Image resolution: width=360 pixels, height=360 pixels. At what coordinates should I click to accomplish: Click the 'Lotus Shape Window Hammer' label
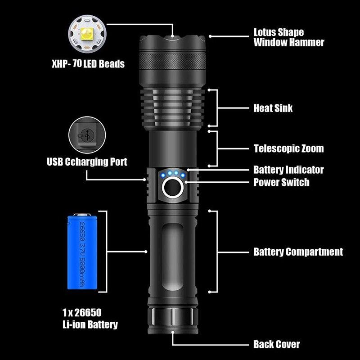288,37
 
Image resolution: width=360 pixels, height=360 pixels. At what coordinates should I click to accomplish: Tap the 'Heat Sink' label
273,108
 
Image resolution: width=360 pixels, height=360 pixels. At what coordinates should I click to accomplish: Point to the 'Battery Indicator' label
288,170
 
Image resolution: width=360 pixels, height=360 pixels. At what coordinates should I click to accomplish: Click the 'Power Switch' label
281,182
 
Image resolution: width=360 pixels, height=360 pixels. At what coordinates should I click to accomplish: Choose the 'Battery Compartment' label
298,252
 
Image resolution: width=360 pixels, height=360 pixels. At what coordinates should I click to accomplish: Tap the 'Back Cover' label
276,344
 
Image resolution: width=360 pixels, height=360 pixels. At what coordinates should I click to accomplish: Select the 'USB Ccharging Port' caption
87,162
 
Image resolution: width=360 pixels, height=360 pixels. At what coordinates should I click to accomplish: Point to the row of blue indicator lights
172,174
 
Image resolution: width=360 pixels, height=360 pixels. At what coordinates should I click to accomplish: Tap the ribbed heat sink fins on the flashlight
172,108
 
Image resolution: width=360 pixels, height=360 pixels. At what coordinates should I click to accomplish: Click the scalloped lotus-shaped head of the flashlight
172,43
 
